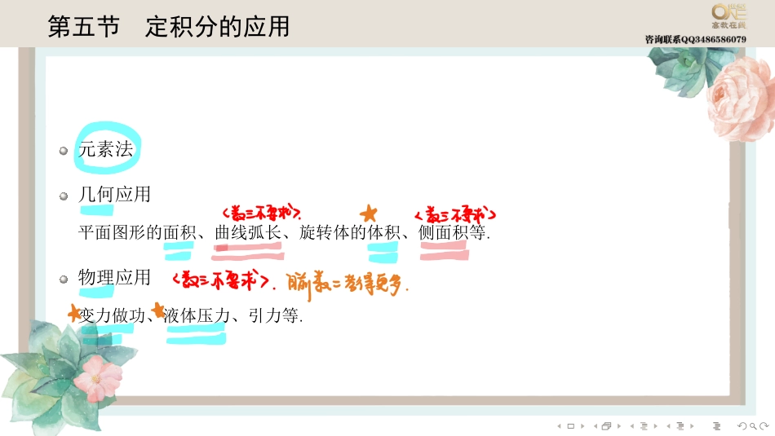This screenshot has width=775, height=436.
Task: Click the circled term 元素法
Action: [106, 149]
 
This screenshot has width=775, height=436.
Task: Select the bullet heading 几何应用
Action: [114, 195]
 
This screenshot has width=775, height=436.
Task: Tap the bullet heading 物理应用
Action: [114, 277]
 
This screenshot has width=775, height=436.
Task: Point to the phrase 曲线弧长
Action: [248, 232]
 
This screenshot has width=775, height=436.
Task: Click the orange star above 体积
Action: [369, 214]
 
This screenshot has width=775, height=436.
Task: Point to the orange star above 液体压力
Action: [158, 309]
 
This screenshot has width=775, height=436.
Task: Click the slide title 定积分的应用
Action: [217, 26]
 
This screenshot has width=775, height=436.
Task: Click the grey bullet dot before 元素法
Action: [64, 151]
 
